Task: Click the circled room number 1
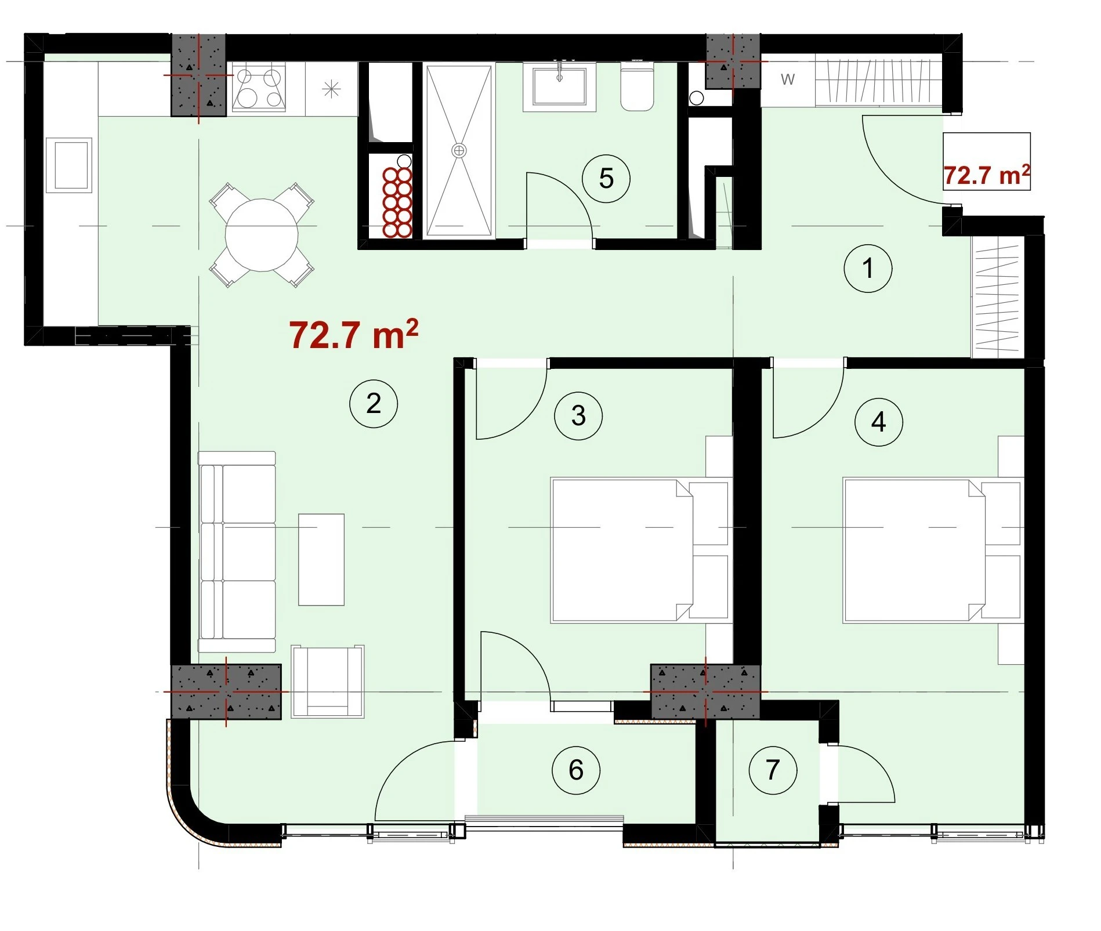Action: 868,269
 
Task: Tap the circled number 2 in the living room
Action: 374,404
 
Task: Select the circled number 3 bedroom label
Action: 578,415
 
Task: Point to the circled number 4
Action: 879,422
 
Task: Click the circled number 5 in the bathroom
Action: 606,179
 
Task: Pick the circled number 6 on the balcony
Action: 576,770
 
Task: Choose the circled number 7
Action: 773,770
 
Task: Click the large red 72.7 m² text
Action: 354,335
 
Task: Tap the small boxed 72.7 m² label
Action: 987,175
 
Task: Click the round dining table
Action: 262,235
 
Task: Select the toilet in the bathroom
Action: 638,86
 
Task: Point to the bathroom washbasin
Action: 559,86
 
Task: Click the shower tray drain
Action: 459,151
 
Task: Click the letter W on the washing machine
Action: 788,79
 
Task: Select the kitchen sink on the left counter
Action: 69,165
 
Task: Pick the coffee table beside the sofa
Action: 321,560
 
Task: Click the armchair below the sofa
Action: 328,682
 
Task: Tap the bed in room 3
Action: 639,550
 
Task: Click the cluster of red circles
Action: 397,202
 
